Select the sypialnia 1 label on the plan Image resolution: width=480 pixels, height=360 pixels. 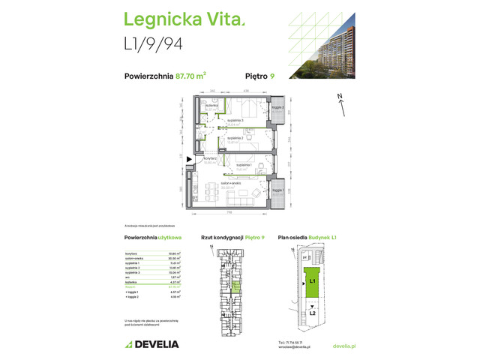[244, 163]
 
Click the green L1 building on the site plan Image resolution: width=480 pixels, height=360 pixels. [313, 282]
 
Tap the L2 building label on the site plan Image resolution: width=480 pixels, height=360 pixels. [313, 312]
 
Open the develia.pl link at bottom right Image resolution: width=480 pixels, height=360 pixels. [343, 346]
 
